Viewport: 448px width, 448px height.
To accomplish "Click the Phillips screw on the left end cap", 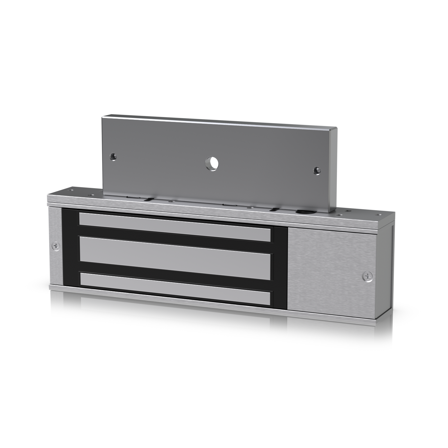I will (x=56, y=246).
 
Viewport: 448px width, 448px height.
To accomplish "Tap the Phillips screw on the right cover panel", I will (x=368, y=277).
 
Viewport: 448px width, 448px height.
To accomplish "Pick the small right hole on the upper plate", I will (x=316, y=170).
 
